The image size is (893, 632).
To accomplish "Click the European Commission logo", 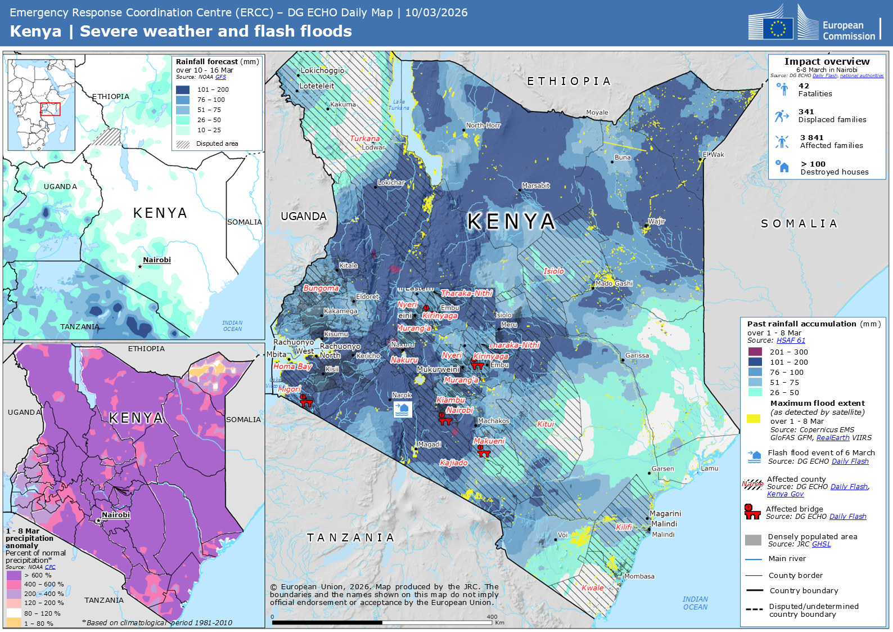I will click(x=814, y=24).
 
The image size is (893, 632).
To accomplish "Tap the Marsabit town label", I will click(x=535, y=186).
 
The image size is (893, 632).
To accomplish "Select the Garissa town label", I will click(x=637, y=356).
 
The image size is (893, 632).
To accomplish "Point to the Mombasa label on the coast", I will click(x=639, y=576).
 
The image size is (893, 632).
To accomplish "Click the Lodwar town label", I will click(x=373, y=147).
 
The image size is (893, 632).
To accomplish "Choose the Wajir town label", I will click(x=656, y=222).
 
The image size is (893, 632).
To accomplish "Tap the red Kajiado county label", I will click(x=454, y=463).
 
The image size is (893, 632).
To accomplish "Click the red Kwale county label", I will click(x=593, y=588).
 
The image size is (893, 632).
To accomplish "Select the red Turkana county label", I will click(x=365, y=138).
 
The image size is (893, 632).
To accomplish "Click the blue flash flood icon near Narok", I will click(x=402, y=409).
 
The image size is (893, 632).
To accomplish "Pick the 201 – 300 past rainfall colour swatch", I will click(x=755, y=352).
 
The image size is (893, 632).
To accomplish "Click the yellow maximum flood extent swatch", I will click(x=754, y=418).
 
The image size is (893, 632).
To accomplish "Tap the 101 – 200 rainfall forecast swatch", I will click(x=183, y=89).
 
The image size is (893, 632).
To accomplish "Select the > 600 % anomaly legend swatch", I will click(x=14, y=575).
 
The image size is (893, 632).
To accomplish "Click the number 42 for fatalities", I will click(x=804, y=86).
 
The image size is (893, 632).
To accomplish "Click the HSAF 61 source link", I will click(x=791, y=340).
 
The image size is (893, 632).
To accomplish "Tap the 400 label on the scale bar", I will click(x=492, y=617).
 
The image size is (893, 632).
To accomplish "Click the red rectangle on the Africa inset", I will click(x=51, y=109).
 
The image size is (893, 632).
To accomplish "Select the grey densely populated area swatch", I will click(x=753, y=540).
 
